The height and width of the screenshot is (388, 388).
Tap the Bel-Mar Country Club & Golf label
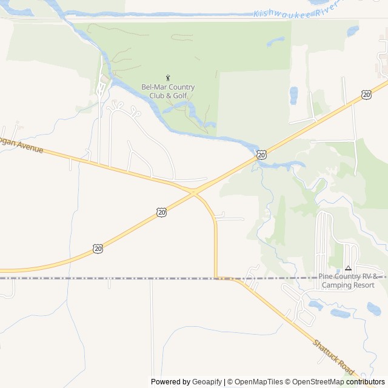pos(168,91)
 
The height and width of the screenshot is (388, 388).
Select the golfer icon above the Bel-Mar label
pos(168,77)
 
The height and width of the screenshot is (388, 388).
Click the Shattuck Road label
pos(333,356)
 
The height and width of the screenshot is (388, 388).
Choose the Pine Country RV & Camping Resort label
pos(352,280)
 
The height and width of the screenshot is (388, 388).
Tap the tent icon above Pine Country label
pos(348,268)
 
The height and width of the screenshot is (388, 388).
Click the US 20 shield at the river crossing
pos(261,155)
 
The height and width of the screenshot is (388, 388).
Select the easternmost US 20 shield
pos(366,95)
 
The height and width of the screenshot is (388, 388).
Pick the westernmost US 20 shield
pos(98,248)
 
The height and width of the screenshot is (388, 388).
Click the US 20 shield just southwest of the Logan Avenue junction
pos(161,212)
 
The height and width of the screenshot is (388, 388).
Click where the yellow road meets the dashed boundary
pos(217,278)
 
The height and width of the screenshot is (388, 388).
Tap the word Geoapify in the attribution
pos(207,382)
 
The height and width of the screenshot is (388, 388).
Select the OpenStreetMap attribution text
pos(315,382)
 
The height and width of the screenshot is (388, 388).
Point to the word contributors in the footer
pos(366,382)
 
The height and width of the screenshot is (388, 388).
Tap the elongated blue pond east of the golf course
pos(293,95)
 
